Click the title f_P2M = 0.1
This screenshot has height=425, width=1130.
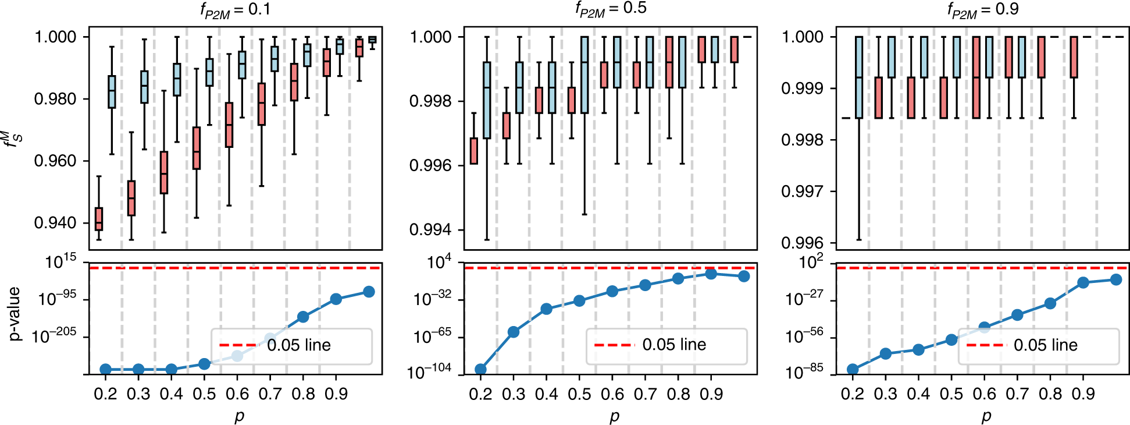[235, 10]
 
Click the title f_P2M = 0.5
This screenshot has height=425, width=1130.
[610, 9]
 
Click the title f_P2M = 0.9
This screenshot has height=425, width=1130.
[982, 10]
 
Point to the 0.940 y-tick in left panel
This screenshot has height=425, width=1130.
[55, 223]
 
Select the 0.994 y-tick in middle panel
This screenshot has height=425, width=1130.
[430, 230]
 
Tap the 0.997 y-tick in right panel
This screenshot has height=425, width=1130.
[803, 192]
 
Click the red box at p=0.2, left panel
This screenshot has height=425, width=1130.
[99, 219]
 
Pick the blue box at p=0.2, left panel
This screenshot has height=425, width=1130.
[112, 91]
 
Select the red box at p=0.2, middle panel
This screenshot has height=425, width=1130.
[474, 151]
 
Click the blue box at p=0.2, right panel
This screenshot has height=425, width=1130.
[859, 77]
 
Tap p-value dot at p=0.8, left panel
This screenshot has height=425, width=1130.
[303, 317]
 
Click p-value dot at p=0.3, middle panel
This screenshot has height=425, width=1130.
[514, 332]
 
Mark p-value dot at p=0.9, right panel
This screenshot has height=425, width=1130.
[1083, 282]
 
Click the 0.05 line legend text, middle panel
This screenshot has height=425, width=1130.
[674, 345]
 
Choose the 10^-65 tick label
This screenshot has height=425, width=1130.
[432, 336]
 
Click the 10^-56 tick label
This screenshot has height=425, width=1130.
[804, 336]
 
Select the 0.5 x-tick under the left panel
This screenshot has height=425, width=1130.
[204, 394]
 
